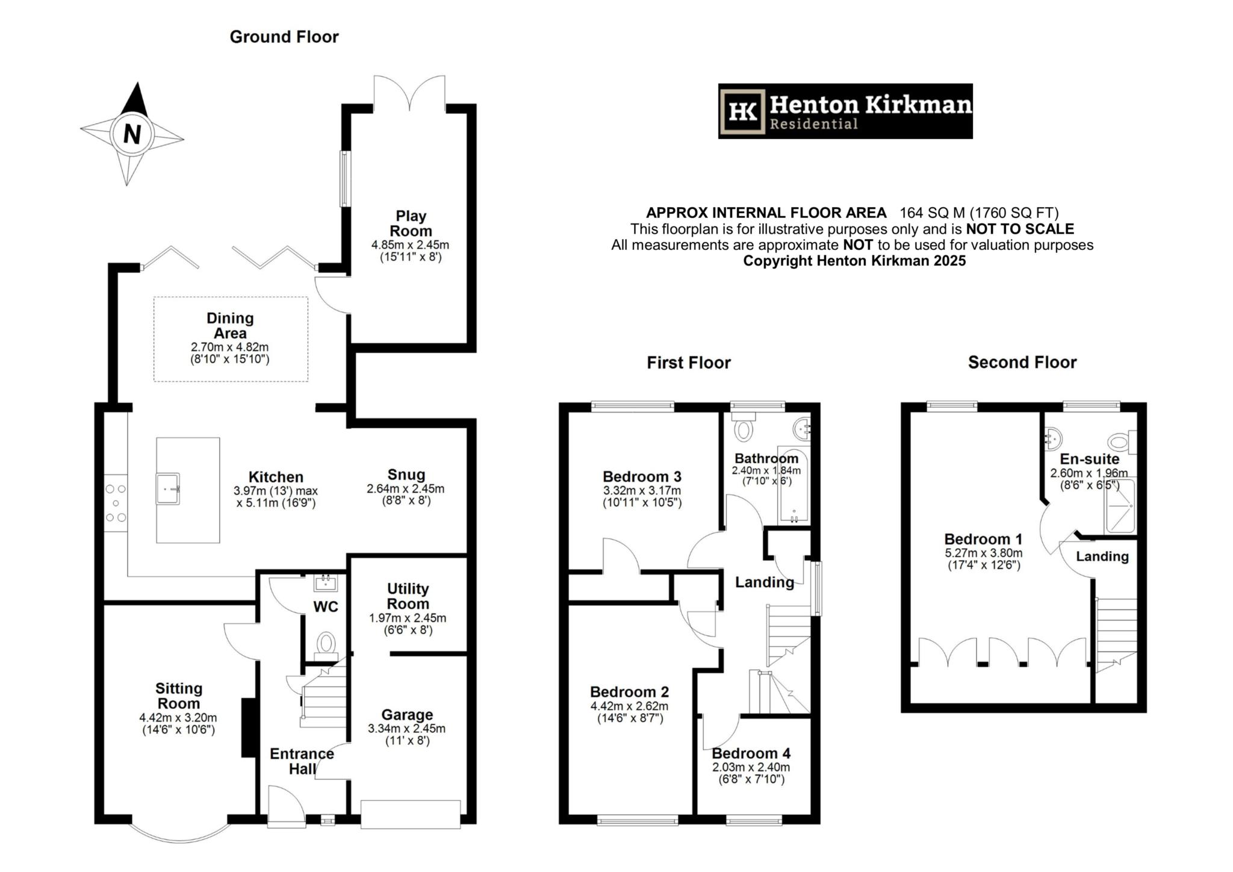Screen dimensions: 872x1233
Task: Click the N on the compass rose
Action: tap(132, 134)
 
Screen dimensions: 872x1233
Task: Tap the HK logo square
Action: tap(743, 111)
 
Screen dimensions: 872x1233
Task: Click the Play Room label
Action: tap(411, 223)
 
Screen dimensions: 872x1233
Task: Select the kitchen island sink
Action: tap(169, 488)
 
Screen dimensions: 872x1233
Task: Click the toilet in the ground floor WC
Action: tap(326, 643)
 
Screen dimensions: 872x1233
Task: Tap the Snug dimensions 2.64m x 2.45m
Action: tap(406, 489)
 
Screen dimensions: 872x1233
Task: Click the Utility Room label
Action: tap(408, 596)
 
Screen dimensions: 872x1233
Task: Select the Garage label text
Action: tap(407, 715)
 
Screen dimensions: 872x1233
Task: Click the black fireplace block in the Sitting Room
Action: tap(247, 727)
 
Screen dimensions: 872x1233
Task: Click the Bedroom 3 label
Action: tap(642, 477)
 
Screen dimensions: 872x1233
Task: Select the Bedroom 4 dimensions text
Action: tap(751, 773)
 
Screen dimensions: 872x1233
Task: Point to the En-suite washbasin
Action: tap(1052, 438)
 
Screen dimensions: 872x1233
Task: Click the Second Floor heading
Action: tap(1022, 363)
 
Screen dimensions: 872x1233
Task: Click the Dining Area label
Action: tap(230, 325)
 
